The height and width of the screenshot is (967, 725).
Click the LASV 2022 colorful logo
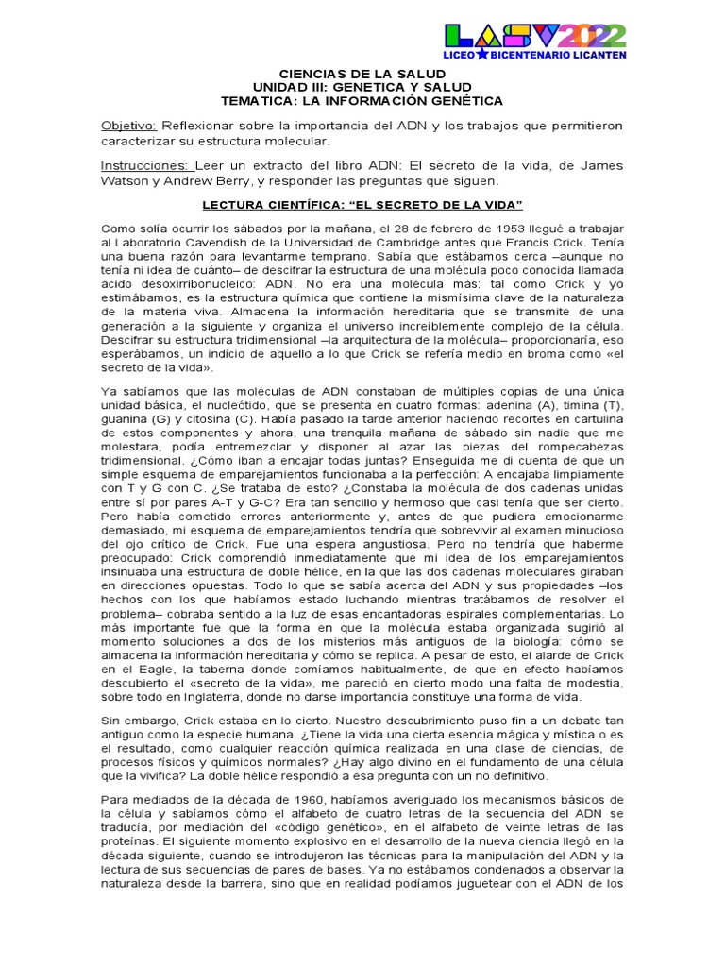pyautogui.click(x=534, y=37)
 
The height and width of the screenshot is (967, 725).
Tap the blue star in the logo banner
pyautogui.click(x=481, y=56)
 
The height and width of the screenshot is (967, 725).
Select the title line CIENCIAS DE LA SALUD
pyautogui.click(x=362, y=73)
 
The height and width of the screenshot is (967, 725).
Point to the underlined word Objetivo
pyautogui.click(x=129, y=126)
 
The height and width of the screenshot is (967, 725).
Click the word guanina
pyautogui.click(x=125, y=419)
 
